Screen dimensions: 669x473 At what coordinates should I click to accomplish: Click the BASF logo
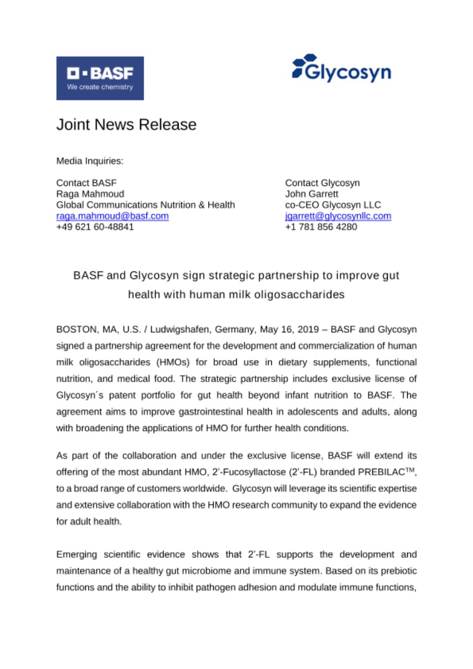pyautogui.click(x=100, y=78)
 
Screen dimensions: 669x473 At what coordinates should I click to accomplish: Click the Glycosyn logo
pyautogui.click(x=341, y=68)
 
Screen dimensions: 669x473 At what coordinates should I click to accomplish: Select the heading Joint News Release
pyautogui.click(x=126, y=125)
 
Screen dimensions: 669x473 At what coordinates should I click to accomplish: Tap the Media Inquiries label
pyautogui.click(x=90, y=161)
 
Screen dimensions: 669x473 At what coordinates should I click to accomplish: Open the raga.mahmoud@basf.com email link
pyautogui.click(x=112, y=215)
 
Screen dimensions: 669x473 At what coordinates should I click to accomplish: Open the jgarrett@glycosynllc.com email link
pyautogui.click(x=338, y=215)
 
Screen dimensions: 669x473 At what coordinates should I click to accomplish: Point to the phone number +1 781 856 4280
pyautogui.click(x=321, y=226)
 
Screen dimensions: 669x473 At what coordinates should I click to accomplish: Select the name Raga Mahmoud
pyautogui.click(x=90, y=193)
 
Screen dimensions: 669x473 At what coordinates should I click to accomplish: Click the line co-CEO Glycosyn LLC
pyautogui.click(x=332, y=204)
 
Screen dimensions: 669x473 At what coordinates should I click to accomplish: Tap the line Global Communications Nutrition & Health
pyautogui.click(x=145, y=204)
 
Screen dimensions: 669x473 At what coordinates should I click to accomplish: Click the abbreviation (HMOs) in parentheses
pyautogui.click(x=155, y=363)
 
